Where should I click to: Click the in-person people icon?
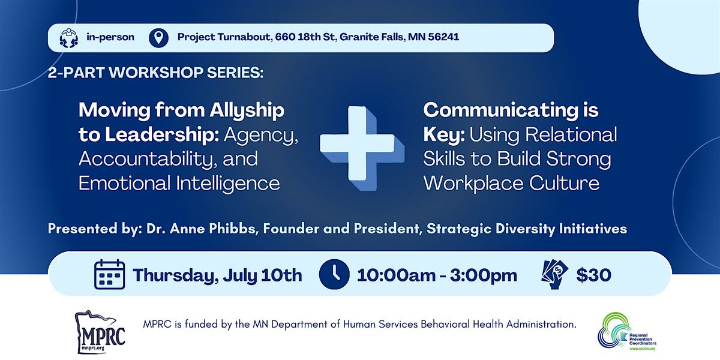pos(69,38)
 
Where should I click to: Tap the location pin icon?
pos(158,38)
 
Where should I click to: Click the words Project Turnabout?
pos(224,37)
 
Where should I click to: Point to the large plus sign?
pos(362,148)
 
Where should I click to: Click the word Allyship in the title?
pos(247,111)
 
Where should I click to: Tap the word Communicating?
pos(501,111)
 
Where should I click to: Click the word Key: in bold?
pos(444,135)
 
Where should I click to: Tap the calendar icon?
pos(110,275)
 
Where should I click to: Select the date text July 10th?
pos(262,275)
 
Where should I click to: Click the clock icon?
pos(334,274)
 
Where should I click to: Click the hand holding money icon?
pos(554,274)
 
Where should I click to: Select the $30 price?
pos(593,275)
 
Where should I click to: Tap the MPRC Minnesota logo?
pos(100,332)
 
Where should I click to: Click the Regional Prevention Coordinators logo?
pos(626,331)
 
